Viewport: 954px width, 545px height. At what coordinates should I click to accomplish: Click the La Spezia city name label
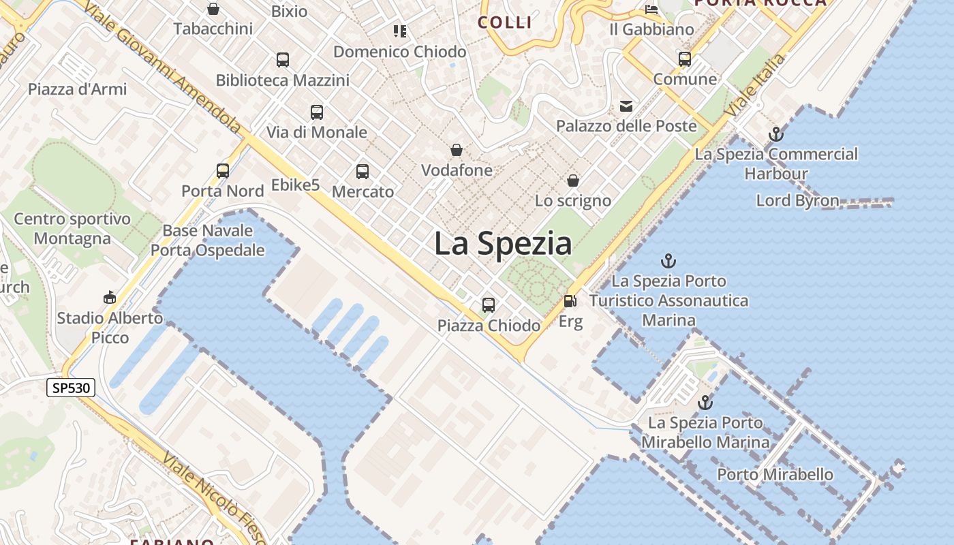503,244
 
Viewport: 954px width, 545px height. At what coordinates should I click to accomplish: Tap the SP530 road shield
71,388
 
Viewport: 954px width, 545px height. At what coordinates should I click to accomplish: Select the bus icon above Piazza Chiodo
489,305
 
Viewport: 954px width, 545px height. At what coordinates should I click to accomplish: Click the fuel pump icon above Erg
570,300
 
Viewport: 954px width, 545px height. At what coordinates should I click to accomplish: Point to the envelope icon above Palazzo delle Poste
626,106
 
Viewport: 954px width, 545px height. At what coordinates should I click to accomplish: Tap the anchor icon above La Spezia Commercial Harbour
775,134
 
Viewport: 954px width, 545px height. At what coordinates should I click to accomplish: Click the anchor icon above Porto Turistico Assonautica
668,261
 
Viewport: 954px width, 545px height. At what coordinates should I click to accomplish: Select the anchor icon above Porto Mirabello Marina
705,403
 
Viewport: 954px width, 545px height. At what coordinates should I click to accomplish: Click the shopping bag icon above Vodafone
457,150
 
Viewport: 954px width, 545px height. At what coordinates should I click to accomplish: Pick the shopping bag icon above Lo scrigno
573,181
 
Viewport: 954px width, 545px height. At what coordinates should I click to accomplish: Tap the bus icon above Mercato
363,172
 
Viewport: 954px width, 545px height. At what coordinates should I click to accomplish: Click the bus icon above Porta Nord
223,171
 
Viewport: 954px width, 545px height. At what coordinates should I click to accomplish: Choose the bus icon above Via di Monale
317,112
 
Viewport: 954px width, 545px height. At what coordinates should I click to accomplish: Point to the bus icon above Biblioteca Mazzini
283,60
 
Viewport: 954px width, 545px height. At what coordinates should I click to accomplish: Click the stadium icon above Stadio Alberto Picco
110,298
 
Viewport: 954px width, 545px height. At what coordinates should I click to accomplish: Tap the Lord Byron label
797,200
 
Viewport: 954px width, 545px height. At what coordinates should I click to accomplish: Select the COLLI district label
505,22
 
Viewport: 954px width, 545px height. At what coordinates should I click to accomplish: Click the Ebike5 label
295,185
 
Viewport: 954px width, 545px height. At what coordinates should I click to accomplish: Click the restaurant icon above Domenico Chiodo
399,31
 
